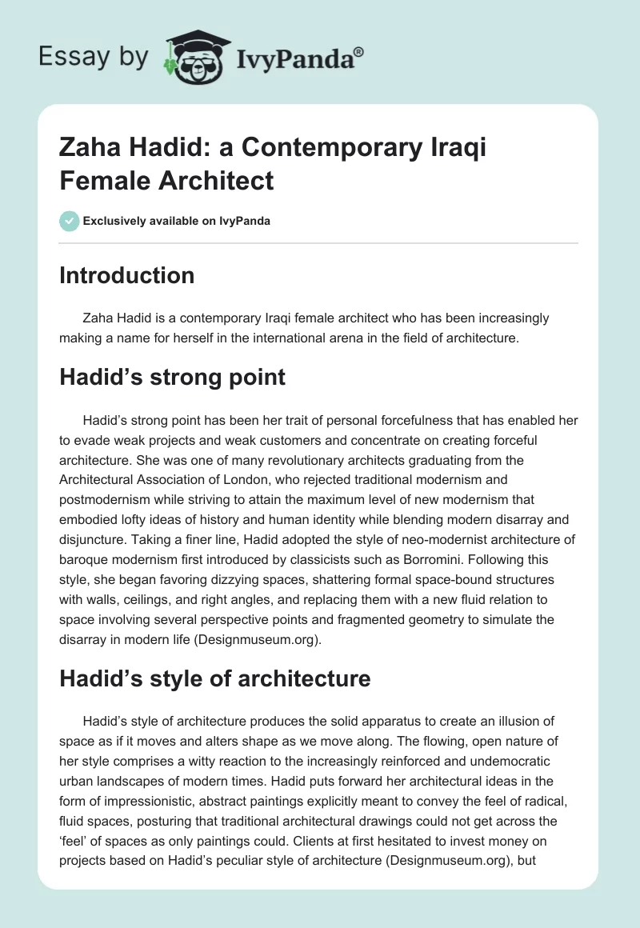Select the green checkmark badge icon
69,221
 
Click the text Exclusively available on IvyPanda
177,221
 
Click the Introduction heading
127,276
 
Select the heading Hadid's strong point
172,377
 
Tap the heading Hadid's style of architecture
214,679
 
